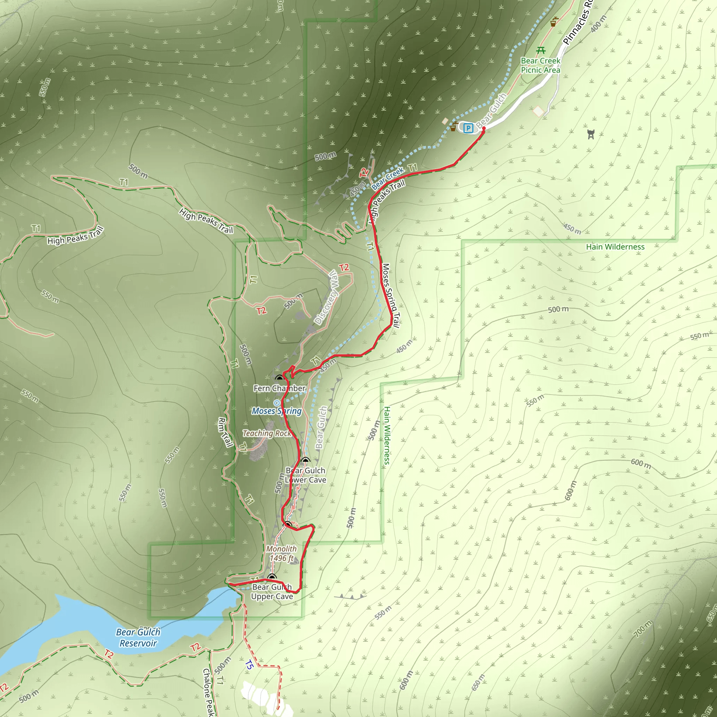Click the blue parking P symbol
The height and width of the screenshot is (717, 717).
[468, 128]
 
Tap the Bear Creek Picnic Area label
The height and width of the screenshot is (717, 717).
[540, 65]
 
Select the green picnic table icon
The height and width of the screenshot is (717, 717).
[541, 50]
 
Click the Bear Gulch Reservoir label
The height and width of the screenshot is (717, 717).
[138, 638]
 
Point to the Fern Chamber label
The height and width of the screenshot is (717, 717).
[279, 388]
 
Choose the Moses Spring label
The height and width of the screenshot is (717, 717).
[277, 411]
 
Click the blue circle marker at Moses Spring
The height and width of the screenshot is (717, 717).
[277, 403]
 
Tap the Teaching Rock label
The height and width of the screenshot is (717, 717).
[267, 433]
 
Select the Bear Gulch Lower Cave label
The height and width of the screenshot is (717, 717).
[305, 475]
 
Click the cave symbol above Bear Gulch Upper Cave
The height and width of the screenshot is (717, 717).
[272, 577]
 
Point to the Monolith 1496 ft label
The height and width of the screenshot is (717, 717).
[281, 554]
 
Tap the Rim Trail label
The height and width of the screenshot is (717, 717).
[225, 432]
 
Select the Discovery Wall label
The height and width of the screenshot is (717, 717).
[326, 297]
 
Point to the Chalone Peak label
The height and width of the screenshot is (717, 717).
[209, 692]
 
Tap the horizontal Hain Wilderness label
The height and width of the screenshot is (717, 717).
[615, 247]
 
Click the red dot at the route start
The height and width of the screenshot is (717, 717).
[483, 128]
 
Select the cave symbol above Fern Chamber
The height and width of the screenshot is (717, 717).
[279, 378]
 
